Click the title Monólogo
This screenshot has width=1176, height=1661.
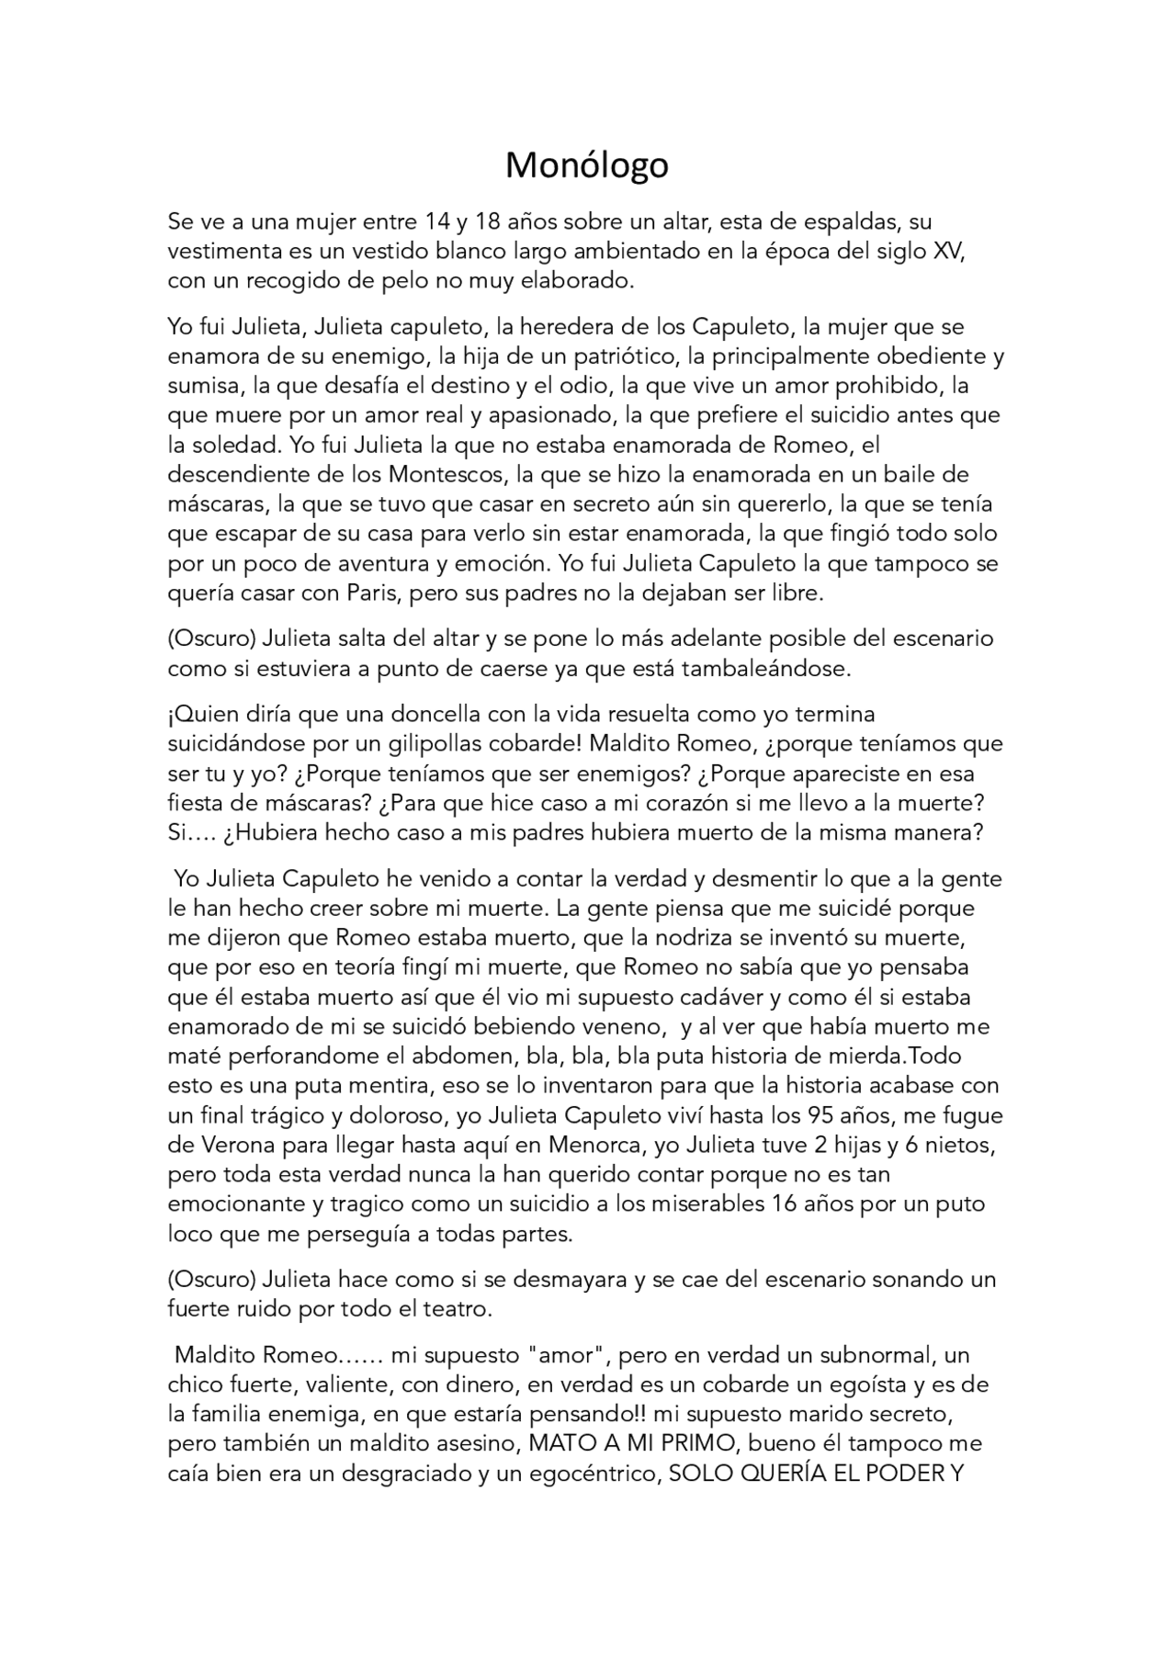tap(587, 165)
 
